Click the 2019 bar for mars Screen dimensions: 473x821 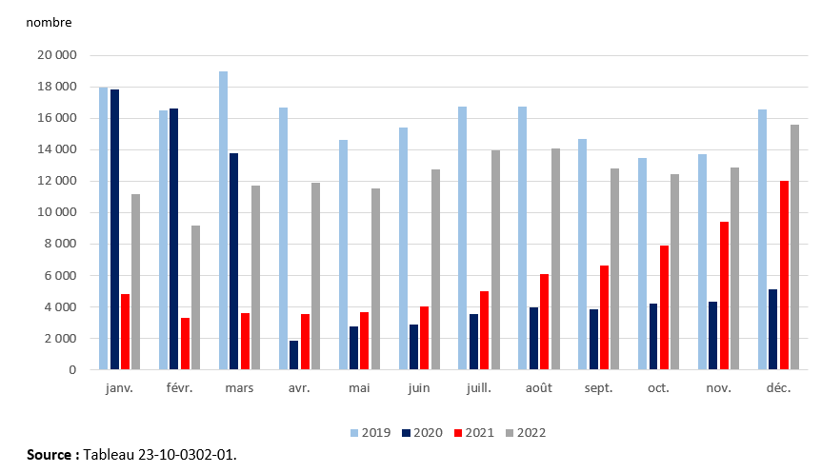pyautogui.click(x=223, y=221)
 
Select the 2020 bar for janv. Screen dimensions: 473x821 pyautogui.click(x=114, y=229)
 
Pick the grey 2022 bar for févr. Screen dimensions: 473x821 pyautogui.click(x=196, y=297)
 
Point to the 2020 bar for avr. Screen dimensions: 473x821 pyautogui.click(x=294, y=355)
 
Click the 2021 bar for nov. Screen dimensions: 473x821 pyautogui.click(x=724, y=296)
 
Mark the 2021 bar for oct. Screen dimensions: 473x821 pyautogui.click(x=664, y=307)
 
